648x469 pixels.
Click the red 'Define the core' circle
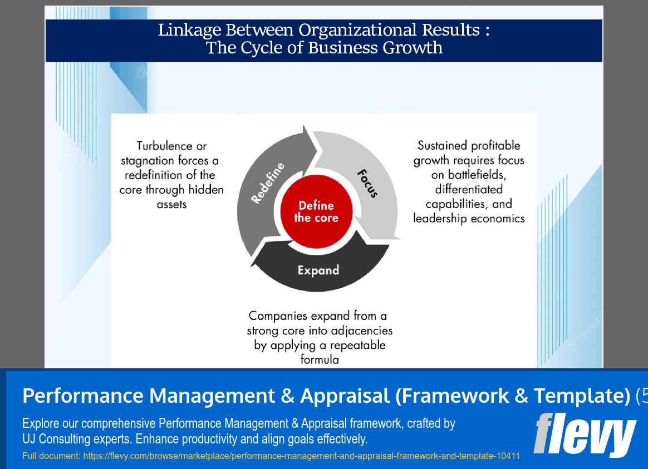pos(316,211)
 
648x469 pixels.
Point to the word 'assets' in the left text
pos(171,204)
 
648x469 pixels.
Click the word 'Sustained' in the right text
pos(443,146)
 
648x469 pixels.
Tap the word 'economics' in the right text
pos(497,218)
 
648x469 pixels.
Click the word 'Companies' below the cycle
pos(278,316)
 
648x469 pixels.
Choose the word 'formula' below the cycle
pos(320,359)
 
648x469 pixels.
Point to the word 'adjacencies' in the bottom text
pos(361,330)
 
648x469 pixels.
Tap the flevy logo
pos(584,434)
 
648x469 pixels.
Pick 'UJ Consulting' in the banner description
pos(56,439)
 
